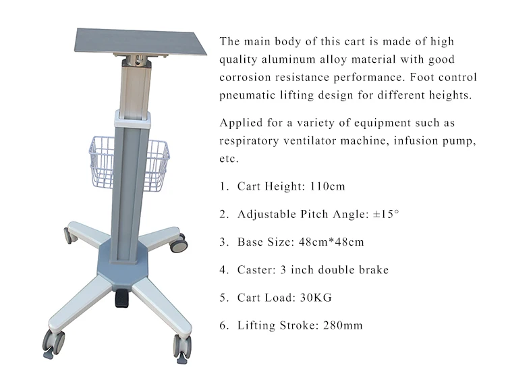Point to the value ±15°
[386, 214]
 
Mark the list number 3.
[223, 242]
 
